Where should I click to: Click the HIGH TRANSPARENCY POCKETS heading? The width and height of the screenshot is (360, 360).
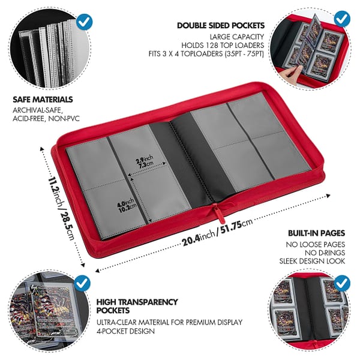pyautogui.click(x=137, y=306)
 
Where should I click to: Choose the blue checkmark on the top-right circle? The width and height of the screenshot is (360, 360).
pyautogui.click(x=341, y=18)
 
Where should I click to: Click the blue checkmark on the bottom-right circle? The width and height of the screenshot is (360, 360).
pyautogui.click(x=342, y=282)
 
